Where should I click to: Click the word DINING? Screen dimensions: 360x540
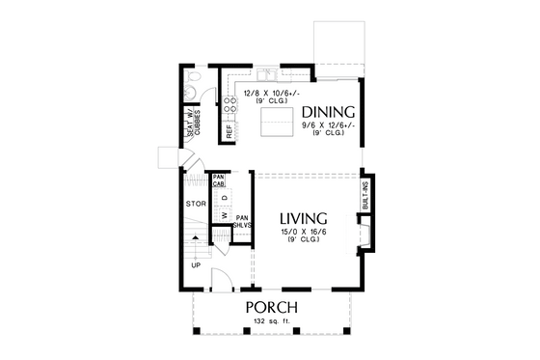328,111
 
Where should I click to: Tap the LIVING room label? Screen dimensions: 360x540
304,217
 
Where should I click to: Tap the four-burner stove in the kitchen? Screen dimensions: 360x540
229,103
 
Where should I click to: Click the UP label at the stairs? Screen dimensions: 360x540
197,263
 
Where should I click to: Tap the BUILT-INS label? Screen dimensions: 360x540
365,196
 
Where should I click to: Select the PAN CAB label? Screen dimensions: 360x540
219,180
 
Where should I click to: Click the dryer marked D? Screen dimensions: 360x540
225,198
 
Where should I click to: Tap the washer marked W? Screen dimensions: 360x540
225,215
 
